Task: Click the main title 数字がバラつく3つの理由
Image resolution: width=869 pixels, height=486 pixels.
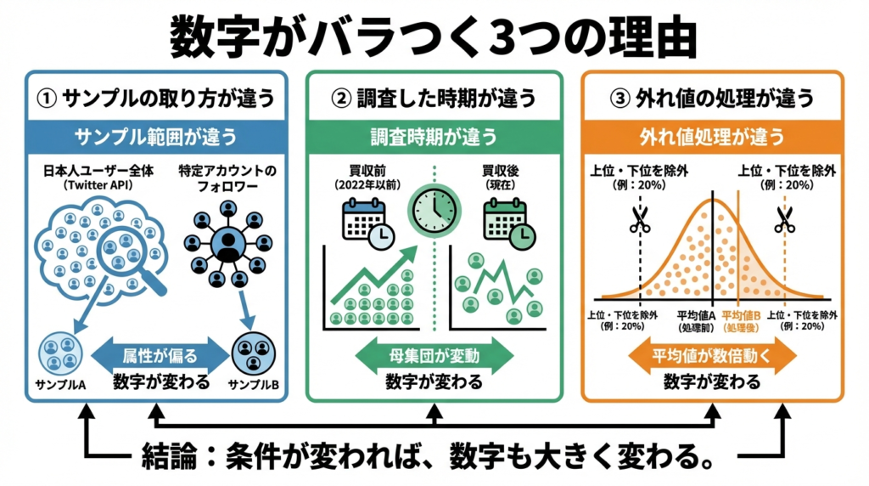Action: click(434, 36)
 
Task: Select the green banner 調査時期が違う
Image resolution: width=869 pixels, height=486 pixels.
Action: click(434, 137)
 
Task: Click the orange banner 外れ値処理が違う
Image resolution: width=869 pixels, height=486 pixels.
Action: click(712, 137)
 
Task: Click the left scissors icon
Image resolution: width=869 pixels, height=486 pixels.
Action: click(639, 220)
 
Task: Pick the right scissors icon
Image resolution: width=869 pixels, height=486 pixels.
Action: click(785, 220)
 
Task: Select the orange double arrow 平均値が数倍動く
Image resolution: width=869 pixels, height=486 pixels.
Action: click(712, 355)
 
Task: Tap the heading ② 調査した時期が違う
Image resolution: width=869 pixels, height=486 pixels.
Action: click(434, 99)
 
